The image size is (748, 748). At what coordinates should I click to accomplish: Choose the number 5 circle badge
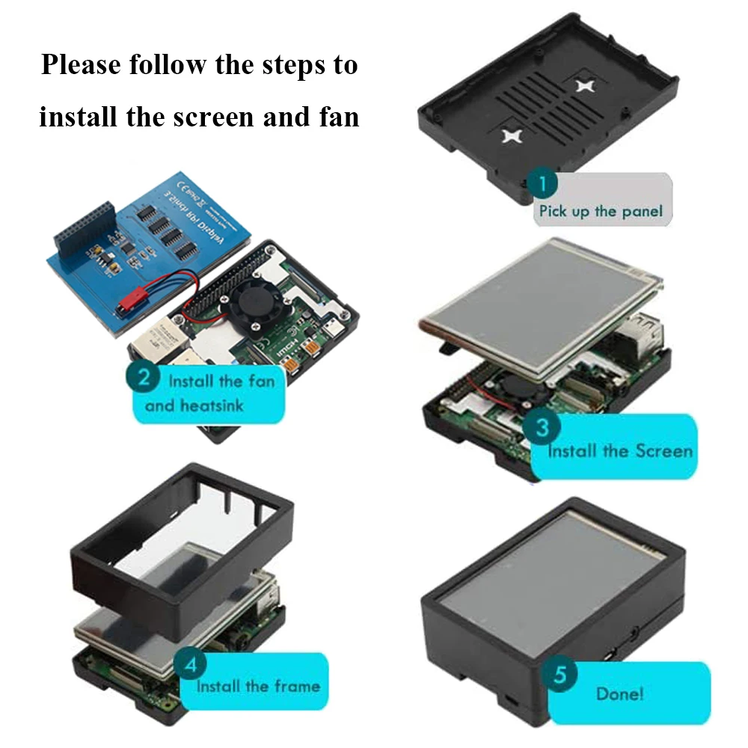(x=565, y=675)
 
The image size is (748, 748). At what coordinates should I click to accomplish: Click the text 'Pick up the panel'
(x=601, y=212)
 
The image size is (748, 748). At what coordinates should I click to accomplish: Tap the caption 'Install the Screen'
(x=620, y=451)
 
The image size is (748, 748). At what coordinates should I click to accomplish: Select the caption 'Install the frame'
(x=258, y=686)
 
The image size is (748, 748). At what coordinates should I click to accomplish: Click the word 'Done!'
(x=619, y=693)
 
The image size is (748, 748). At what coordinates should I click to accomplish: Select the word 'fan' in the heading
(x=336, y=117)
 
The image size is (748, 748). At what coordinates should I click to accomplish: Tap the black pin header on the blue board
(x=82, y=224)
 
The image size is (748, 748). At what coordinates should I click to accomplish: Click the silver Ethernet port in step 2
(x=150, y=346)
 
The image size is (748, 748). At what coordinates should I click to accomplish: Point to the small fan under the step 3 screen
(x=514, y=388)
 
